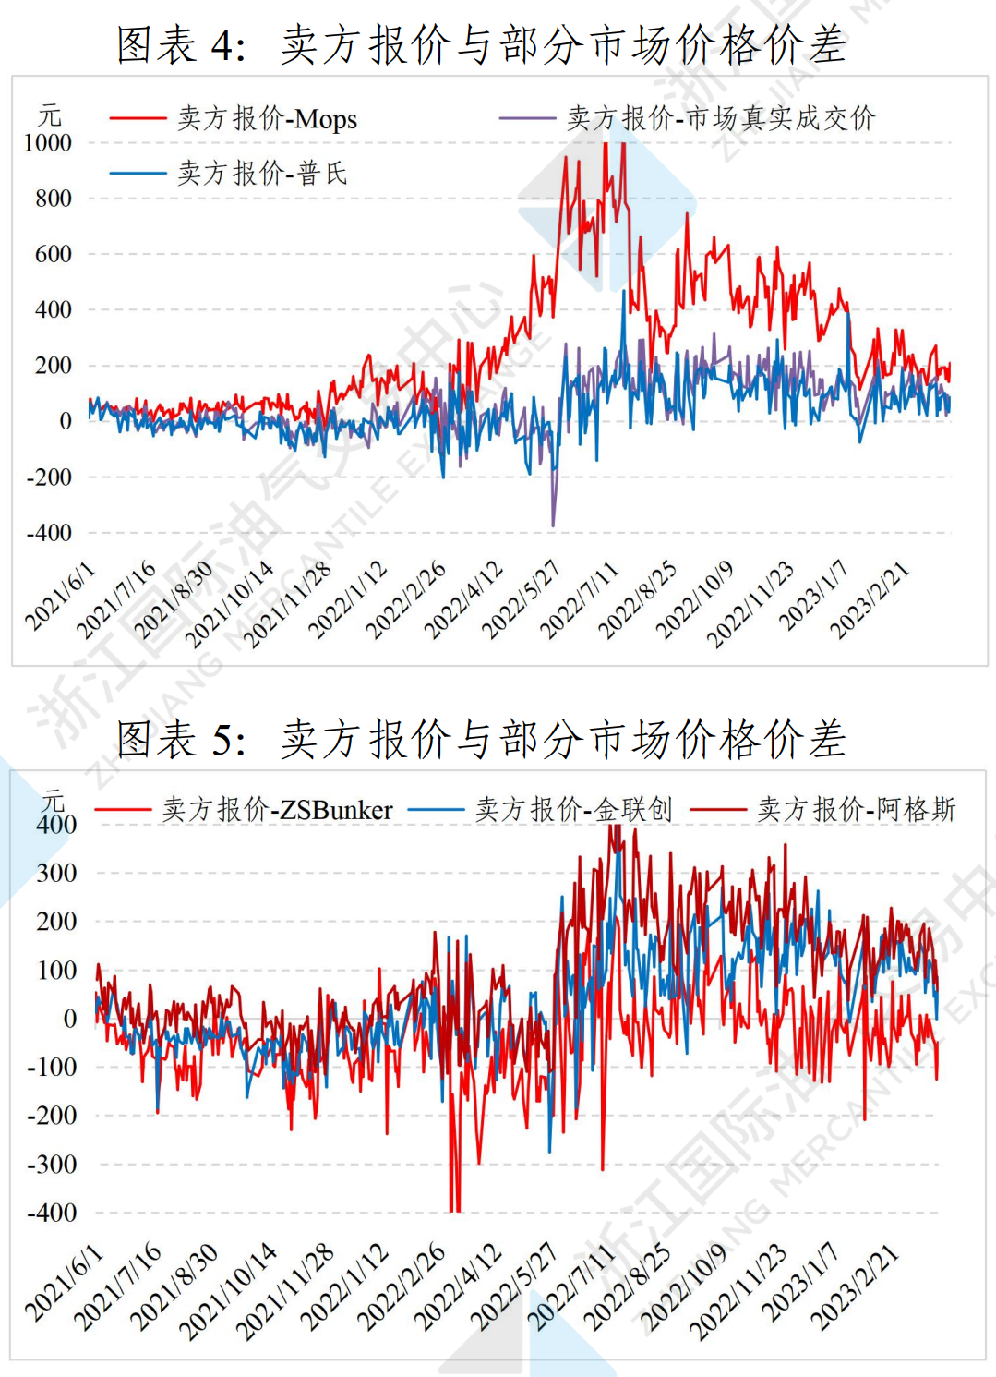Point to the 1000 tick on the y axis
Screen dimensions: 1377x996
pyautogui.click(x=48, y=143)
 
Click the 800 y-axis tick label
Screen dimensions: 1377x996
pyautogui.click(x=53, y=199)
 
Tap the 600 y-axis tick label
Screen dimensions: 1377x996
pyautogui.click(x=53, y=254)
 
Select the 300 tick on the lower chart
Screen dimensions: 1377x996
pyautogui.click(x=56, y=873)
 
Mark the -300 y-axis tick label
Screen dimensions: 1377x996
pyautogui.click(x=52, y=1164)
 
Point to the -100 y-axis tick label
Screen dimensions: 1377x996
pyautogui.click(x=52, y=1067)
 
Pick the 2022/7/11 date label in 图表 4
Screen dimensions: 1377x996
pyautogui.click(x=579, y=600)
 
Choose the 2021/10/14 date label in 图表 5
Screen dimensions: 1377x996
pyautogui.click(x=228, y=1291)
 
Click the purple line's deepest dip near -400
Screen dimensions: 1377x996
pyautogui.click(x=553, y=525)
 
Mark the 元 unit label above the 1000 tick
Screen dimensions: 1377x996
pyautogui.click(x=50, y=116)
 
